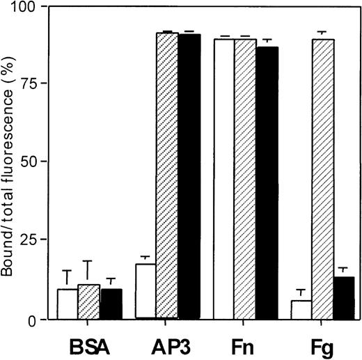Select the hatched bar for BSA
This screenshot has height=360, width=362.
point(89,302)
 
